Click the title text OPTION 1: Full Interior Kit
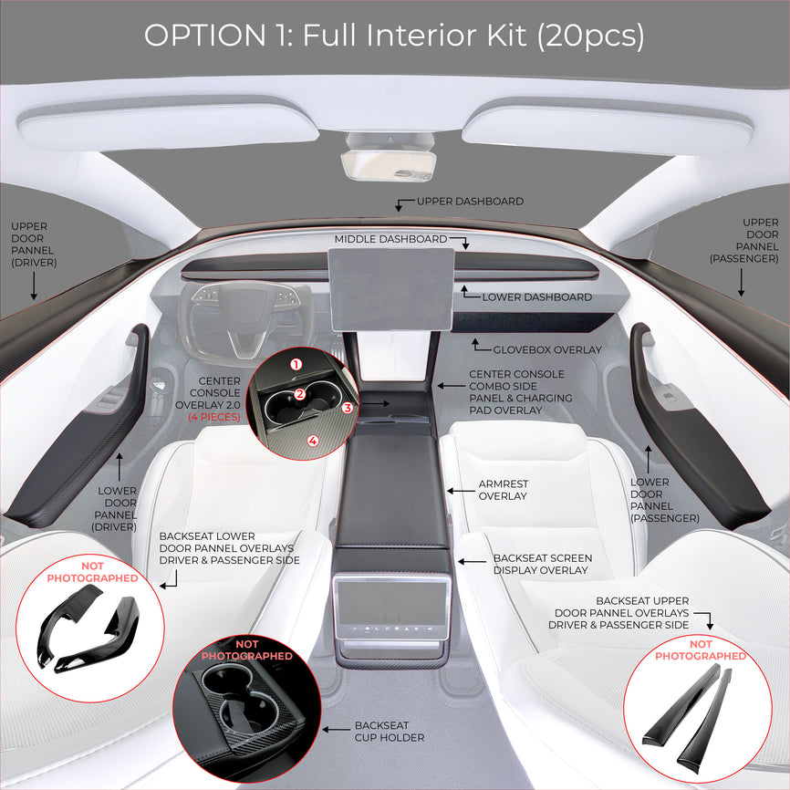pyautogui.click(x=394, y=36)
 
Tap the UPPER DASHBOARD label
pyautogui.click(x=470, y=201)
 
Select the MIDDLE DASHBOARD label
pyautogui.click(x=390, y=239)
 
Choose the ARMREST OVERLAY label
pyautogui.click(x=504, y=490)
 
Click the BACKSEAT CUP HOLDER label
pyautogui.click(x=390, y=732)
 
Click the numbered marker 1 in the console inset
pyautogui.click(x=296, y=364)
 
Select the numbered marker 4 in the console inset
pyautogui.click(x=313, y=441)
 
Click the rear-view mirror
pyautogui.click(x=388, y=162)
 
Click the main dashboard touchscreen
pyautogui.click(x=391, y=289)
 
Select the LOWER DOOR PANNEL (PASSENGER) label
pyautogui.click(x=664, y=500)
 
